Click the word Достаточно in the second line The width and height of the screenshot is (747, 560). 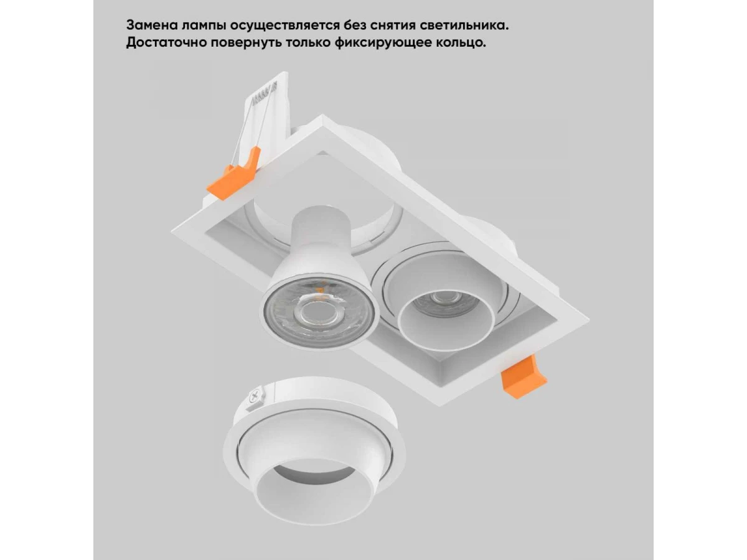[x=166, y=44]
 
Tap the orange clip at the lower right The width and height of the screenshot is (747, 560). [x=522, y=376]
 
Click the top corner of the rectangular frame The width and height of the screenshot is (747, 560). [x=322, y=114]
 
